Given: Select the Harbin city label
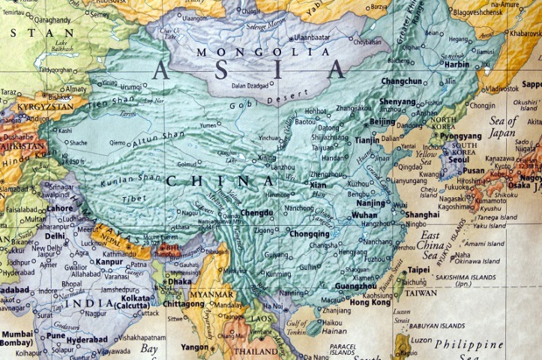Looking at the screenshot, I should pos(456,64).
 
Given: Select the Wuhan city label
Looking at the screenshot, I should pos(364,215).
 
